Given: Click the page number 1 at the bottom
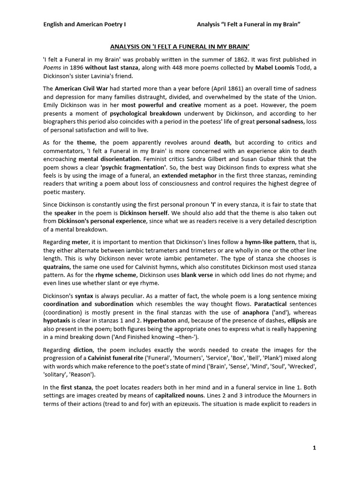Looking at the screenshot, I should pyautogui.click(x=315, y=448).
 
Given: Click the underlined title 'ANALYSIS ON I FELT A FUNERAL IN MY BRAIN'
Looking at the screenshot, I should pyautogui.click(x=180, y=47).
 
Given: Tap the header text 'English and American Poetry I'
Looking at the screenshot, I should pyautogui.click(x=85, y=24).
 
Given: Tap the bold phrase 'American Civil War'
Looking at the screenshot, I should pyautogui.click(x=79, y=89).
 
